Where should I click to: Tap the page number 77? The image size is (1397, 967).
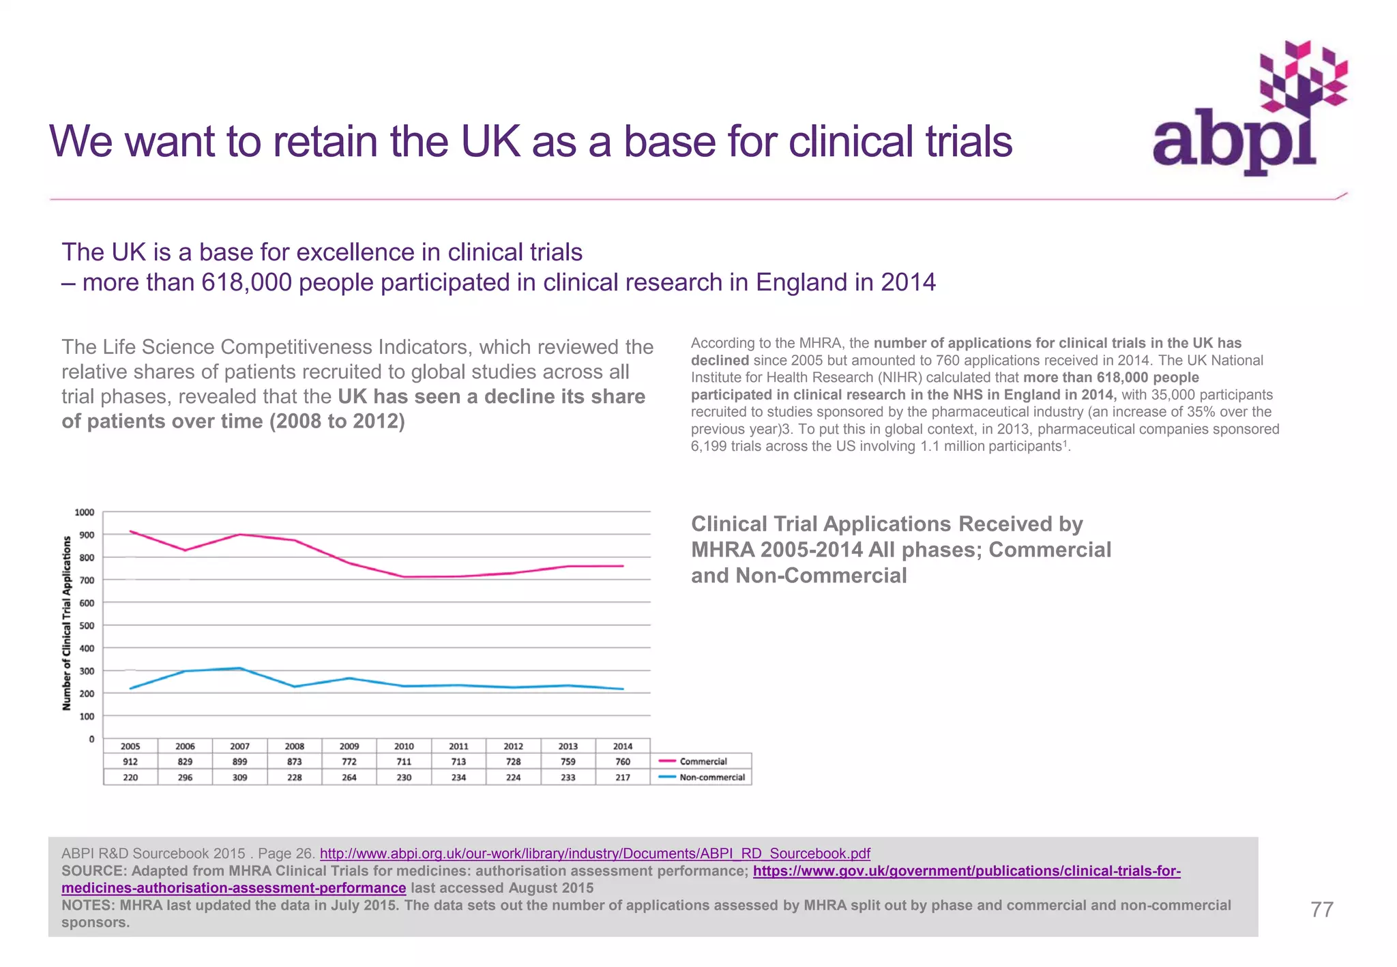[1321, 909]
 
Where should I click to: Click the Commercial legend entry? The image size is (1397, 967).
[703, 761]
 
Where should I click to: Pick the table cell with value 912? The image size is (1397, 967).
[130, 761]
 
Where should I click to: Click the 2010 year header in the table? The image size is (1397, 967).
[404, 746]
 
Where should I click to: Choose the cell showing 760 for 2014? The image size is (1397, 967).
[622, 761]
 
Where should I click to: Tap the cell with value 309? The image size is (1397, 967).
[239, 777]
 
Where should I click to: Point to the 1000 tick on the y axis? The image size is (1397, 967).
[85, 512]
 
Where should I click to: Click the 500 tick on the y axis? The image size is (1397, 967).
[87, 625]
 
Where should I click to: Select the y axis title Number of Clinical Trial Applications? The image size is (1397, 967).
[67, 623]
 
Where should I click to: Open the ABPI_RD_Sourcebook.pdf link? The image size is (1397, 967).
[595, 853]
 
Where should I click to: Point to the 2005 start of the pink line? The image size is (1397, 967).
[130, 531]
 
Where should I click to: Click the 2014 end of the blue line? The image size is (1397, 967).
[622, 689]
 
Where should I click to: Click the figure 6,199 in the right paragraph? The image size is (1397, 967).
[709, 446]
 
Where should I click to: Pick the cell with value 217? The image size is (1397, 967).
[622, 777]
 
